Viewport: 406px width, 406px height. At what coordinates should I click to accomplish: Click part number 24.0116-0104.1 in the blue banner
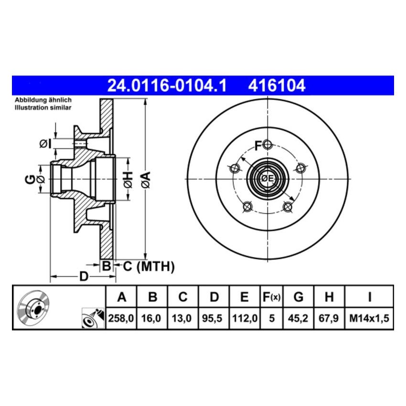coord(166,86)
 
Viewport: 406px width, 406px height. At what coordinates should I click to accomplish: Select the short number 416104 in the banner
coord(276,86)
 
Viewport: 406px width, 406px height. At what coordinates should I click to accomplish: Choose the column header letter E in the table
coord(244,298)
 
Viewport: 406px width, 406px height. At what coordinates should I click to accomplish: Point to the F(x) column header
coord(272,298)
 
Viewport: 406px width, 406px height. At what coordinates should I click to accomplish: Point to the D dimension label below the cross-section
coord(84,277)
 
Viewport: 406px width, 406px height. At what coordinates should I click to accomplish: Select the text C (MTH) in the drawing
coord(149,266)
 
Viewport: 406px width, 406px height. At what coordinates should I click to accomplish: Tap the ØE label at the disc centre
coord(267,179)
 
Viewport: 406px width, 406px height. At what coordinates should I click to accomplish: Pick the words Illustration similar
coord(43,108)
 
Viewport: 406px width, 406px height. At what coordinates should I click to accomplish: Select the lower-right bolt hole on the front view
coord(288,206)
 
